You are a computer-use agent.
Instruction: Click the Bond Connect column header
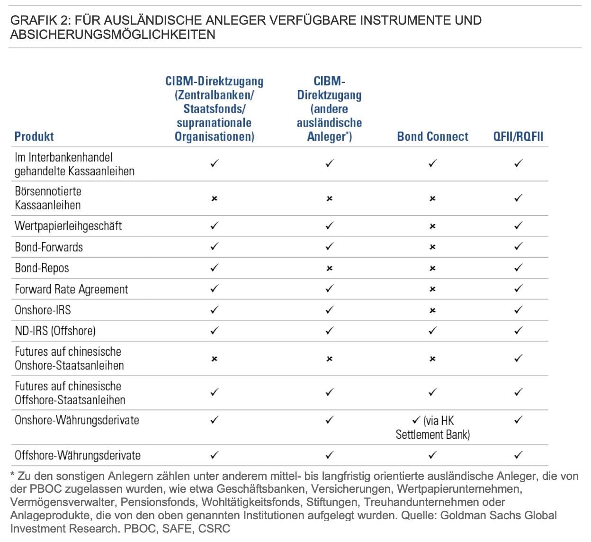tap(432, 136)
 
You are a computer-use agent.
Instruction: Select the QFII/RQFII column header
tap(518, 136)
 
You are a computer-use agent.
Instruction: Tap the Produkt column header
tap(34, 136)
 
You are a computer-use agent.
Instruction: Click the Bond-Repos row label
tap(42, 268)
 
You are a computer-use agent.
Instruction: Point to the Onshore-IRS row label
tap(43, 310)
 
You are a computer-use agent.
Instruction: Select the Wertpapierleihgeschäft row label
tap(68, 226)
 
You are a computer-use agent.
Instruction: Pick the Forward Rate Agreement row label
tap(71, 289)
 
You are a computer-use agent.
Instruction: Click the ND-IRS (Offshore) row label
tap(55, 331)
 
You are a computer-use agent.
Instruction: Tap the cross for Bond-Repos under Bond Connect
tap(432, 268)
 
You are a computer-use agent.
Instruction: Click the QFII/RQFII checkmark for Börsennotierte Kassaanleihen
tap(519, 198)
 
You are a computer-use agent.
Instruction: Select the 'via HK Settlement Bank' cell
tap(433, 427)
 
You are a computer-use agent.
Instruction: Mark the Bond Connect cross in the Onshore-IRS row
tap(432, 310)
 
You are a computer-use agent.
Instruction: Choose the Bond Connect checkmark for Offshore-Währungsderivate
tap(432, 455)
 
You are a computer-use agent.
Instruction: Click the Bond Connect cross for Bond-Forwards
tap(432, 247)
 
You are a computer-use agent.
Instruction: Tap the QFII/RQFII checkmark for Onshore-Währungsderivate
tap(519, 420)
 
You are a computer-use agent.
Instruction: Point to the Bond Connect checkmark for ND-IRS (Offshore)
tap(432, 331)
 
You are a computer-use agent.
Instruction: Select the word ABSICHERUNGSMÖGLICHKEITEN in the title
tap(113, 35)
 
